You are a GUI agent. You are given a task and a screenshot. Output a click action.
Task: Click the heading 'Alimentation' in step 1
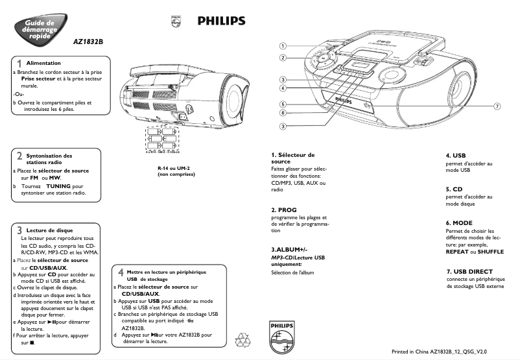click(43, 63)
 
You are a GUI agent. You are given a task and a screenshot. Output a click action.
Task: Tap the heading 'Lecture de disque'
click(49, 230)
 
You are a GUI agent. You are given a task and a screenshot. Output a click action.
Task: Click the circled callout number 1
click(283, 46)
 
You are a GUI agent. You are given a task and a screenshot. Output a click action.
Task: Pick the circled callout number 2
click(283, 58)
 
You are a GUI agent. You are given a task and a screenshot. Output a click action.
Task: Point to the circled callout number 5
click(283, 104)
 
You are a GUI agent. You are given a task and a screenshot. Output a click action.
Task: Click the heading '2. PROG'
click(284, 210)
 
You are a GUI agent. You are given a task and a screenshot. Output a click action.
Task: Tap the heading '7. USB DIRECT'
click(469, 271)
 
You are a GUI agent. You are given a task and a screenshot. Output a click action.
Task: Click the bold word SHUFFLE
click(490, 251)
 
